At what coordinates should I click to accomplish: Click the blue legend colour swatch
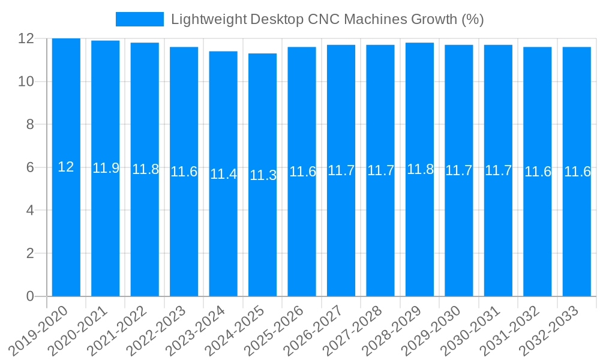coord(139,19)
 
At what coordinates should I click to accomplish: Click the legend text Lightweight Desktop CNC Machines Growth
coord(327,19)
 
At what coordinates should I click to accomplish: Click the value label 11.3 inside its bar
coord(263,175)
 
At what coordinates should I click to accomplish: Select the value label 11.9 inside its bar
coord(106,168)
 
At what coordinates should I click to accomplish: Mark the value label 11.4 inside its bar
coord(223,174)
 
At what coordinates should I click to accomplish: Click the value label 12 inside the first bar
coord(66,167)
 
